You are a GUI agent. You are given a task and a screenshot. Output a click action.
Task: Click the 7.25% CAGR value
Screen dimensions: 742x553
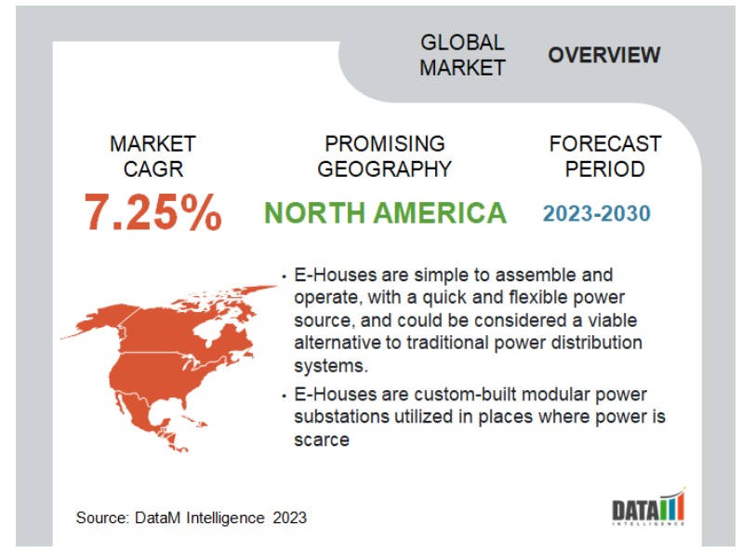152,212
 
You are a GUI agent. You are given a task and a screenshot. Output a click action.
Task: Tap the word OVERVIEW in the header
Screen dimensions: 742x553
603,55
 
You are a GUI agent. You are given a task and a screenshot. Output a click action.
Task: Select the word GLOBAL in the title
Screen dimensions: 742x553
462,43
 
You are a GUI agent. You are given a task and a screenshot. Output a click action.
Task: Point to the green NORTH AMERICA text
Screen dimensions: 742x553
385,213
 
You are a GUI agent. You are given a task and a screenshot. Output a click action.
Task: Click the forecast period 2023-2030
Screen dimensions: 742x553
597,213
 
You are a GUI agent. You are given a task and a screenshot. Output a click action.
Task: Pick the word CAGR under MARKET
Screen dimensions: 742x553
152,169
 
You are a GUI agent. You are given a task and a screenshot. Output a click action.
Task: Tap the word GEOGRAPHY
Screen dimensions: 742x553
384,169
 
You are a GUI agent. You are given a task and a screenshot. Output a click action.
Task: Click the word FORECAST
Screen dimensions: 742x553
605,143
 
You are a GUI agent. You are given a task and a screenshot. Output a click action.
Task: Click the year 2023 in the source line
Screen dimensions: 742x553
289,518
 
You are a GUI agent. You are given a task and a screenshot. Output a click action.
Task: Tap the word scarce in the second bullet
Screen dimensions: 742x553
322,439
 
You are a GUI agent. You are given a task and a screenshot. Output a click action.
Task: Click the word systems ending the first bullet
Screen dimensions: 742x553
331,366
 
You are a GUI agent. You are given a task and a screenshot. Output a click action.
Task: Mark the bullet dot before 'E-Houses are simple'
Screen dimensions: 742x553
284,276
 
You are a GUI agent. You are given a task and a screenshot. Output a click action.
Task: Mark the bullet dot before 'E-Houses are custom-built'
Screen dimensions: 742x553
284,396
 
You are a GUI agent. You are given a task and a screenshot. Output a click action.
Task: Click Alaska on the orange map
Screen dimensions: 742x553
97,322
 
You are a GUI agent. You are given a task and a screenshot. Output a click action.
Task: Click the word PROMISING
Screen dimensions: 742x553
385,143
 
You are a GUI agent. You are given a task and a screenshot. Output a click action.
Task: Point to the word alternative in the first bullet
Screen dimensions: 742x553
338,343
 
